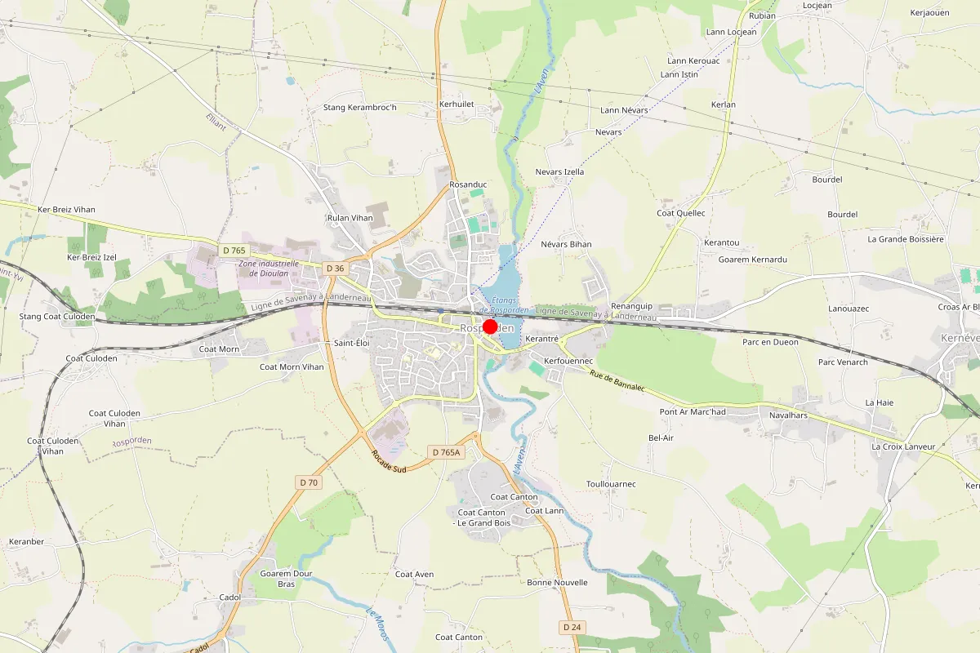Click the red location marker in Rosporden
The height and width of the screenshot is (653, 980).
point(490,326)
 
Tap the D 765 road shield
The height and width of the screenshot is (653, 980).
point(233,251)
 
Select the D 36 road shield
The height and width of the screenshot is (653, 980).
point(334,269)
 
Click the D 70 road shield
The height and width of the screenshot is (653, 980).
point(308,482)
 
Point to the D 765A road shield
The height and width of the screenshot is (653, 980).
point(446,452)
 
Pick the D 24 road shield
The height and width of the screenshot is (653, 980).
point(572,627)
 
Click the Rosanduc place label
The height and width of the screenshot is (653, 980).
point(468,184)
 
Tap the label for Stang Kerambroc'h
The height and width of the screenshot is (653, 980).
point(359,108)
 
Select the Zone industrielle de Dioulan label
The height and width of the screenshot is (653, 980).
point(269,269)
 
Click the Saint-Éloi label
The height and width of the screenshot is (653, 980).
point(352,344)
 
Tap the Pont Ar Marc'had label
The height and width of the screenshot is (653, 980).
point(693,412)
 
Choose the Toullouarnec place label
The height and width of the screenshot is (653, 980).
point(611,484)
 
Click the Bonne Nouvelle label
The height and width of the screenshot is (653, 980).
point(557,583)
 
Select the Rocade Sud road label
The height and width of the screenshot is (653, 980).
point(388,462)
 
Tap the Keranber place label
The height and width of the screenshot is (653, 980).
point(25,541)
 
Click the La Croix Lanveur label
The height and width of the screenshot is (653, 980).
point(903,446)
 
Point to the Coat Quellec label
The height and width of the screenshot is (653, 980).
point(680,213)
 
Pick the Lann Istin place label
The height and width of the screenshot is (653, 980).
point(679,75)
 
